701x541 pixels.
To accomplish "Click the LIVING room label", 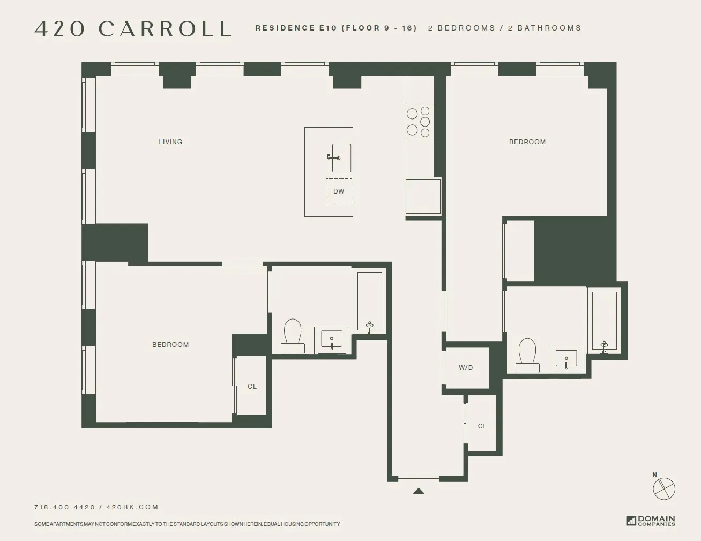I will pyautogui.click(x=170, y=142).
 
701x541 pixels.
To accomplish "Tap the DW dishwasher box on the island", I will pyautogui.click(x=339, y=191).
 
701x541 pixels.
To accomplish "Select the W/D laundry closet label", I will pyautogui.click(x=466, y=368).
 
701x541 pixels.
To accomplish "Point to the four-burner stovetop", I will pyautogui.click(x=419, y=122).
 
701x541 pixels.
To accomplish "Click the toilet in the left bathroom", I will pyautogui.click(x=293, y=336).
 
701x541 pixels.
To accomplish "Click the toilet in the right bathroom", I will pyautogui.click(x=527, y=355).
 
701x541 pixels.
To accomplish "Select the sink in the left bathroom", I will pyautogui.click(x=332, y=340).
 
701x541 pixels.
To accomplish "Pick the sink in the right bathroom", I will pyautogui.click(x=566, y=359).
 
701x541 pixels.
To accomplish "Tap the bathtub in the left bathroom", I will pyautogui.click(x=369, y=301).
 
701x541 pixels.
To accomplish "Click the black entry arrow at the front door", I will pyautogui.click(x=419, y=491).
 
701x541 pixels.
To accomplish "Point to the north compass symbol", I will pyautogui.click(x=663, y=488).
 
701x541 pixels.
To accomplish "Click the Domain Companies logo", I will pyautogui.click(x=651, y=521).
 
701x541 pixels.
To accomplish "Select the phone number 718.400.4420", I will pyautogui.click(x=64, y=507).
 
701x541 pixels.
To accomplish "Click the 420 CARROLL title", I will pyautogui.click(x=133, y=29).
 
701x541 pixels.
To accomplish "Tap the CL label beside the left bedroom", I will pyautogui.click(x=252, y=387).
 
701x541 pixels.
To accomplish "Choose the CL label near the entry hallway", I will pyautogui.click(x=482, y=426).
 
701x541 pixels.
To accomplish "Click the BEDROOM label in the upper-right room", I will pyautogui.click(x=527, y=142).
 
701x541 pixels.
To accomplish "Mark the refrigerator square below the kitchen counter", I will pyautogui.click(x=423, y=196).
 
